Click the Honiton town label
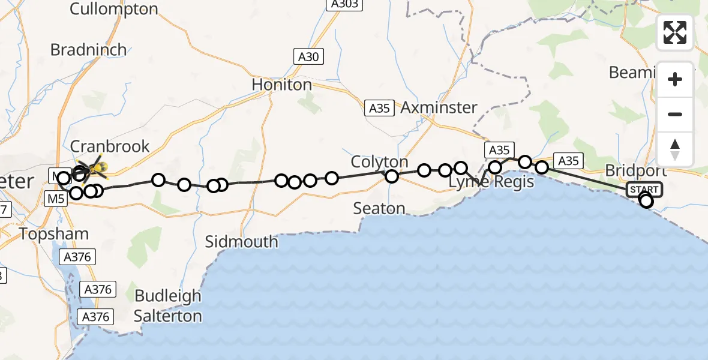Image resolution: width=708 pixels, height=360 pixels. pos(282,85)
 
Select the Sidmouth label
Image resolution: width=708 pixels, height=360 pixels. pos(242,242)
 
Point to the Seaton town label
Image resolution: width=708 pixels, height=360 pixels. pos(379,208)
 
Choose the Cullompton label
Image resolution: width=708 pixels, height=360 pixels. pos(114,9)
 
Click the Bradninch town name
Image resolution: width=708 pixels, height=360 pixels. pos(89,49)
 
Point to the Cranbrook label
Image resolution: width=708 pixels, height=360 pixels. pos(110,146)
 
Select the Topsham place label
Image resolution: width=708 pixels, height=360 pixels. pos(54,234)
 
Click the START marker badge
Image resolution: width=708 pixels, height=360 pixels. pos(644,190)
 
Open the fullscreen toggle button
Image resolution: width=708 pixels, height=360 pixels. pos(675,32)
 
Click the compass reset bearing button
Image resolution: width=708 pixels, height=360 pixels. pos(675,149)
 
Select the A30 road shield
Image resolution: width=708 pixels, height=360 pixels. pos(308,57)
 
